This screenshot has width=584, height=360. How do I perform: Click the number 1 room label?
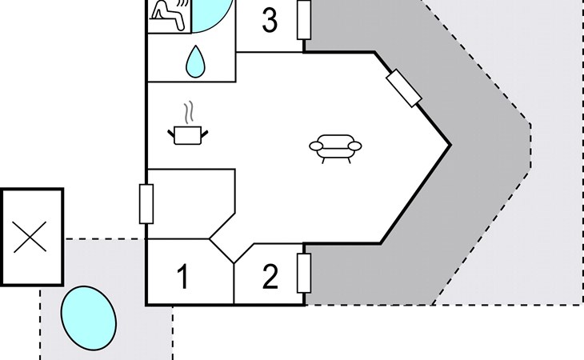[x=183, y=276]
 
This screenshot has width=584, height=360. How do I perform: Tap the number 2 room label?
[x=270, y=276]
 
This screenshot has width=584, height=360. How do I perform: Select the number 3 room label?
[x=270, y=20]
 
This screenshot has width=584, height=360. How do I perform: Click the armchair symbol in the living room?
[x=335, y=149]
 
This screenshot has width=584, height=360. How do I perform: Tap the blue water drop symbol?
[x=195, y=62]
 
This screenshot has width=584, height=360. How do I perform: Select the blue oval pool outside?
[x=89, y=318]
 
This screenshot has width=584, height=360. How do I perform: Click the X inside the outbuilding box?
[x=30, y=237]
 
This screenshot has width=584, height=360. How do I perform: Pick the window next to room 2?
[x=304, y=274]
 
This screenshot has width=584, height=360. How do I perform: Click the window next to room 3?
[x=304, y=19]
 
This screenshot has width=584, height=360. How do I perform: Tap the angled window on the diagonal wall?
[x=404, y=88]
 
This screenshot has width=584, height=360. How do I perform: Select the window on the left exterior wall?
[x=146, y=204]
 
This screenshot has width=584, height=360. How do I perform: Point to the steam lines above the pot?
[x=190, y=112]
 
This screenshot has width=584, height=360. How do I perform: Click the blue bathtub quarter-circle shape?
[x=212, y=15]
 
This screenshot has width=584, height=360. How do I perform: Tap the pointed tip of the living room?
[x=450, y=145]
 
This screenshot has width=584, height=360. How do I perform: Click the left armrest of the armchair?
[x=317, y=146]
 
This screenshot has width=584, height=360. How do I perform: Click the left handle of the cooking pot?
[x=171, y=133]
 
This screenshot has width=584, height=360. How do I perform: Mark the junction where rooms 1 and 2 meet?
[x=234, y=263]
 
